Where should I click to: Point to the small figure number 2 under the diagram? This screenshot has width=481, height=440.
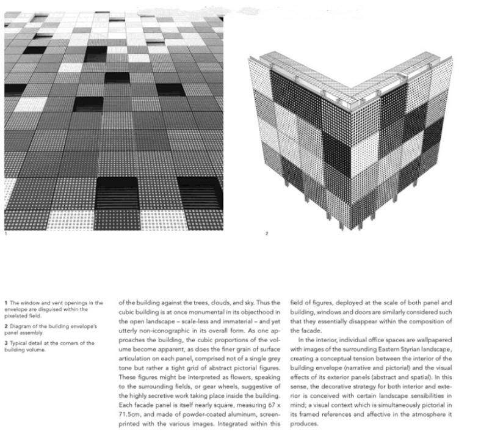(267, 233)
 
